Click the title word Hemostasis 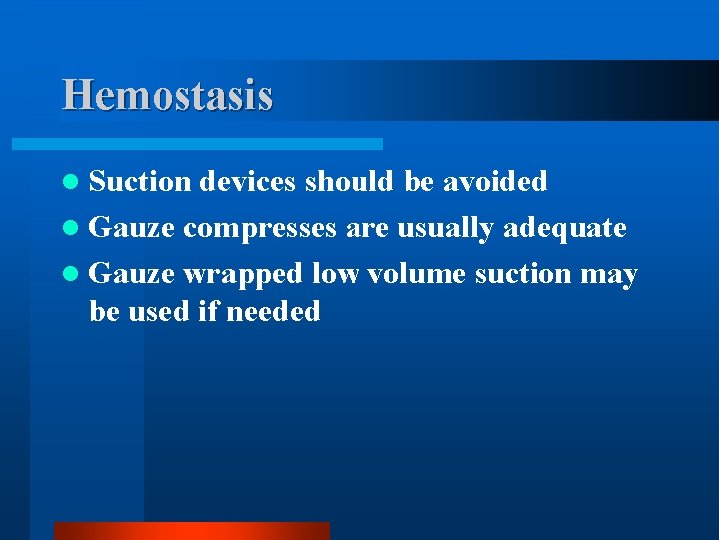(x=167, y=96)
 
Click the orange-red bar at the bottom (x=191, y=530)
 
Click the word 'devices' (x=248, y=181)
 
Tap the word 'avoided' (x=495, y=181)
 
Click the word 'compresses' (x=260, y=229)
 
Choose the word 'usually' (x=446, y=229)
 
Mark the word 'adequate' (x=564, y=229)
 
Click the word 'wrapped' (x=243, y=274)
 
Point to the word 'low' (x=333, y=274)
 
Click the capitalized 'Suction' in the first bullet (x=139, y=181)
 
